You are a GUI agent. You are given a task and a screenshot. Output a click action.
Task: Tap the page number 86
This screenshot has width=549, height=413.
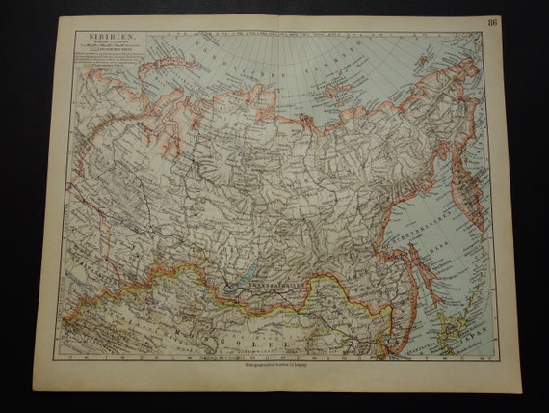[495, 23]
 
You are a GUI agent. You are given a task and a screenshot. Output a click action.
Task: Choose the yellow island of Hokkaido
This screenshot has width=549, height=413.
[450, 317]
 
